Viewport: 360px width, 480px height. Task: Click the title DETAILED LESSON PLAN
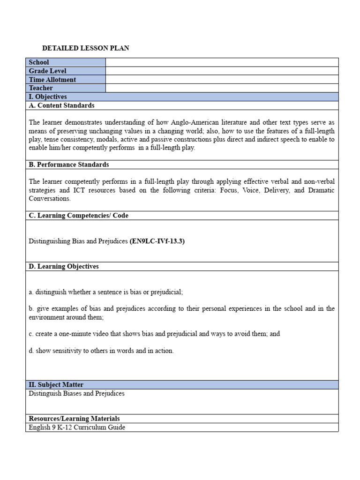pyautogui.click(x=86, y=48)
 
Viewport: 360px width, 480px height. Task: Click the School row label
pyautogui.click(x=39, y=62)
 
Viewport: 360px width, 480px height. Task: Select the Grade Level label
pyautogui.click(x=48, y=71)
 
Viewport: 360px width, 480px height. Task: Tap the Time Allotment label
pyautogui.click(x=52, y=80)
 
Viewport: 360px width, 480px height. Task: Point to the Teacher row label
pyautogui.click(x=41, y=88)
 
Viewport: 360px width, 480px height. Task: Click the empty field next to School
pyautogui.click(x=222, y=62)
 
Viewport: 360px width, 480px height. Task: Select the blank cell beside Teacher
pyautogui.click(x=222, y=88)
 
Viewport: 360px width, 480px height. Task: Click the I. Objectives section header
pyautogui.click(x=48, y=97)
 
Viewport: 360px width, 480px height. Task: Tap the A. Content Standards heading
pyautogui.click(x=61, y=105)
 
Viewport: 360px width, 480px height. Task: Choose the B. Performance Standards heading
pyautogui.click(x=69, y=165)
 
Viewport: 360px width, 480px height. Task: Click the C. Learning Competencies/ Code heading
pyautogui.click(x=79, y=216)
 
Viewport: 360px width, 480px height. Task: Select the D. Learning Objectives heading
pyautogui.click(x=64, y=266)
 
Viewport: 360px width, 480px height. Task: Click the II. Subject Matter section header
pyautogui.click(x=56, y=385)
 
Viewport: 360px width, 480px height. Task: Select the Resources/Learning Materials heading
pyautogui.click(x=74, y=419)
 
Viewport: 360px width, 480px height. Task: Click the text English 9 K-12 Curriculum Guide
pyautogui.click(x=77, y=427)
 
